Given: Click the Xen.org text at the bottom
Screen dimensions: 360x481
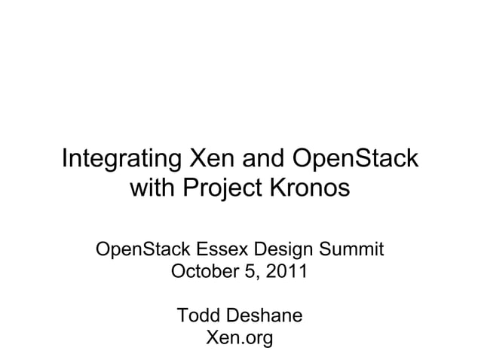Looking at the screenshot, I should [x=240, y=338].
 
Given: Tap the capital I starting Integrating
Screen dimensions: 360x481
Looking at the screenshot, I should [x=65, y=160].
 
